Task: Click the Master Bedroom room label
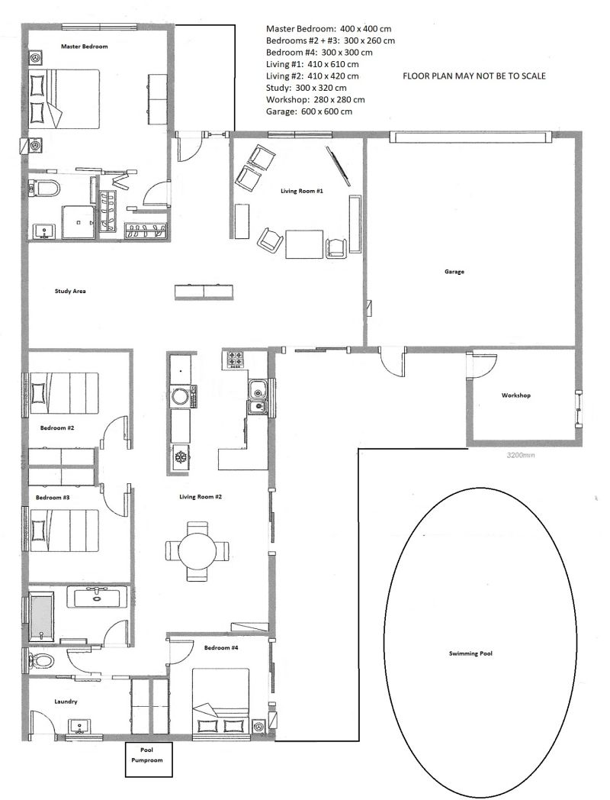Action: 84,47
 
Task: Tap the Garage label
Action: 454,272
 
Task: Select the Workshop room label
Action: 515,395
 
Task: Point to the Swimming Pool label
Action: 470,653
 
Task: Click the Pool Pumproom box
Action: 149,760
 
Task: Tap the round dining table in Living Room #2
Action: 197,551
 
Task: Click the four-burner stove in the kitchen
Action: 234,360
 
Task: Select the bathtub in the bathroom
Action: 41,618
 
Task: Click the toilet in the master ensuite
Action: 43,189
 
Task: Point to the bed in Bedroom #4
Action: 220,704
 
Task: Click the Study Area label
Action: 70,292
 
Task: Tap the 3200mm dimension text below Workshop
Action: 520,455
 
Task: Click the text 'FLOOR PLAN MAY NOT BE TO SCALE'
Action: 474,76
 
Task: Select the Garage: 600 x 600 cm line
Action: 309,111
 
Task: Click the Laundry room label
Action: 66,702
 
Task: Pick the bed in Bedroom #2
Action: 64,392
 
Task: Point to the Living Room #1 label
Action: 302,192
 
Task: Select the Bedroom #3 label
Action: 53,498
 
